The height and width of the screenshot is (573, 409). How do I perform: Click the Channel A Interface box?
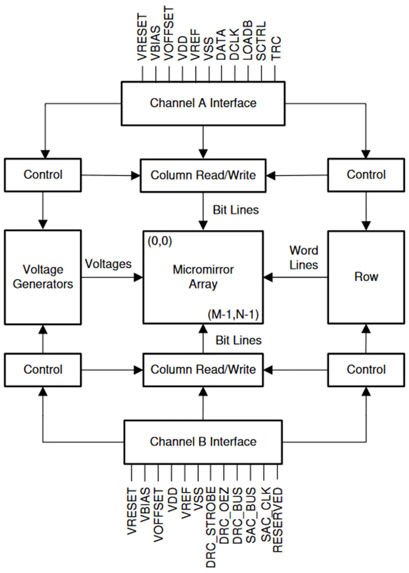tap(203, 104)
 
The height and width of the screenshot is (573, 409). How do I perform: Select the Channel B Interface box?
tap(203, 442)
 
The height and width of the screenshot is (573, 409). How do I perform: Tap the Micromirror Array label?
tap(203, 277)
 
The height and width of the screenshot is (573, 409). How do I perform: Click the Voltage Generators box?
tap(43, 277)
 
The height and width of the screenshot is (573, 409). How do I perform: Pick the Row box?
tap(366, 277)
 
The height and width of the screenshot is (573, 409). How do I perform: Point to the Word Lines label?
tap(303, 257)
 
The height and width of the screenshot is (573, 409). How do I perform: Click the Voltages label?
tap(108, 264)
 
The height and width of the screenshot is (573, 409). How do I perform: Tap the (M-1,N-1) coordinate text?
tap(233, 314)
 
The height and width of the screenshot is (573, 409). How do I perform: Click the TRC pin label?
tap(276, 48)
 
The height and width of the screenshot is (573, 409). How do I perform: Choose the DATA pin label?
tap(221, 45)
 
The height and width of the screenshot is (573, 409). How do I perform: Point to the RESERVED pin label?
tap(277, 520)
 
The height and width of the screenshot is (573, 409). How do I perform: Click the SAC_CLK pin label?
tap(266, 514)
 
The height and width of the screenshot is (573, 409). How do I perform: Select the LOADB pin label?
tap(247, 40)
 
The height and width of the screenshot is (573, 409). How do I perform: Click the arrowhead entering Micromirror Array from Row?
tap(268, 277)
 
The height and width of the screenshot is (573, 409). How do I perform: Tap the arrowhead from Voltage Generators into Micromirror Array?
tap(138, 277)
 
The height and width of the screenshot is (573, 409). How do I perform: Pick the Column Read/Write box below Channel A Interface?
tap(203, 176)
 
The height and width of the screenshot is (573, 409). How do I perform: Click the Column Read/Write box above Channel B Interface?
tap(203, 370)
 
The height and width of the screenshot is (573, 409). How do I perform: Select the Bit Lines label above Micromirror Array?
tap(236, 210)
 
